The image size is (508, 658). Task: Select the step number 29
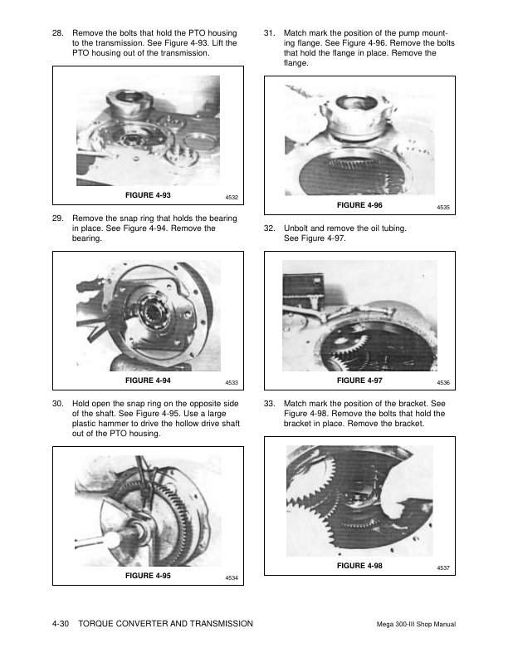pyautogui.click(x=56, y=218)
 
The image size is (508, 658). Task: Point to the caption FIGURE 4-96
pyautogui.click(x=359, y=204)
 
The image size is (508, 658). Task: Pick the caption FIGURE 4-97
pyautogui.click(x=359, y=380)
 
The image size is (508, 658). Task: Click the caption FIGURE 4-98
pyautogui.click(x=359, y=565)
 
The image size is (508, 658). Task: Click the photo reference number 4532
pyautogui.click(x=232, y=197)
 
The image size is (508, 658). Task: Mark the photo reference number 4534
pyautogui.click(x=232, y=578)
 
